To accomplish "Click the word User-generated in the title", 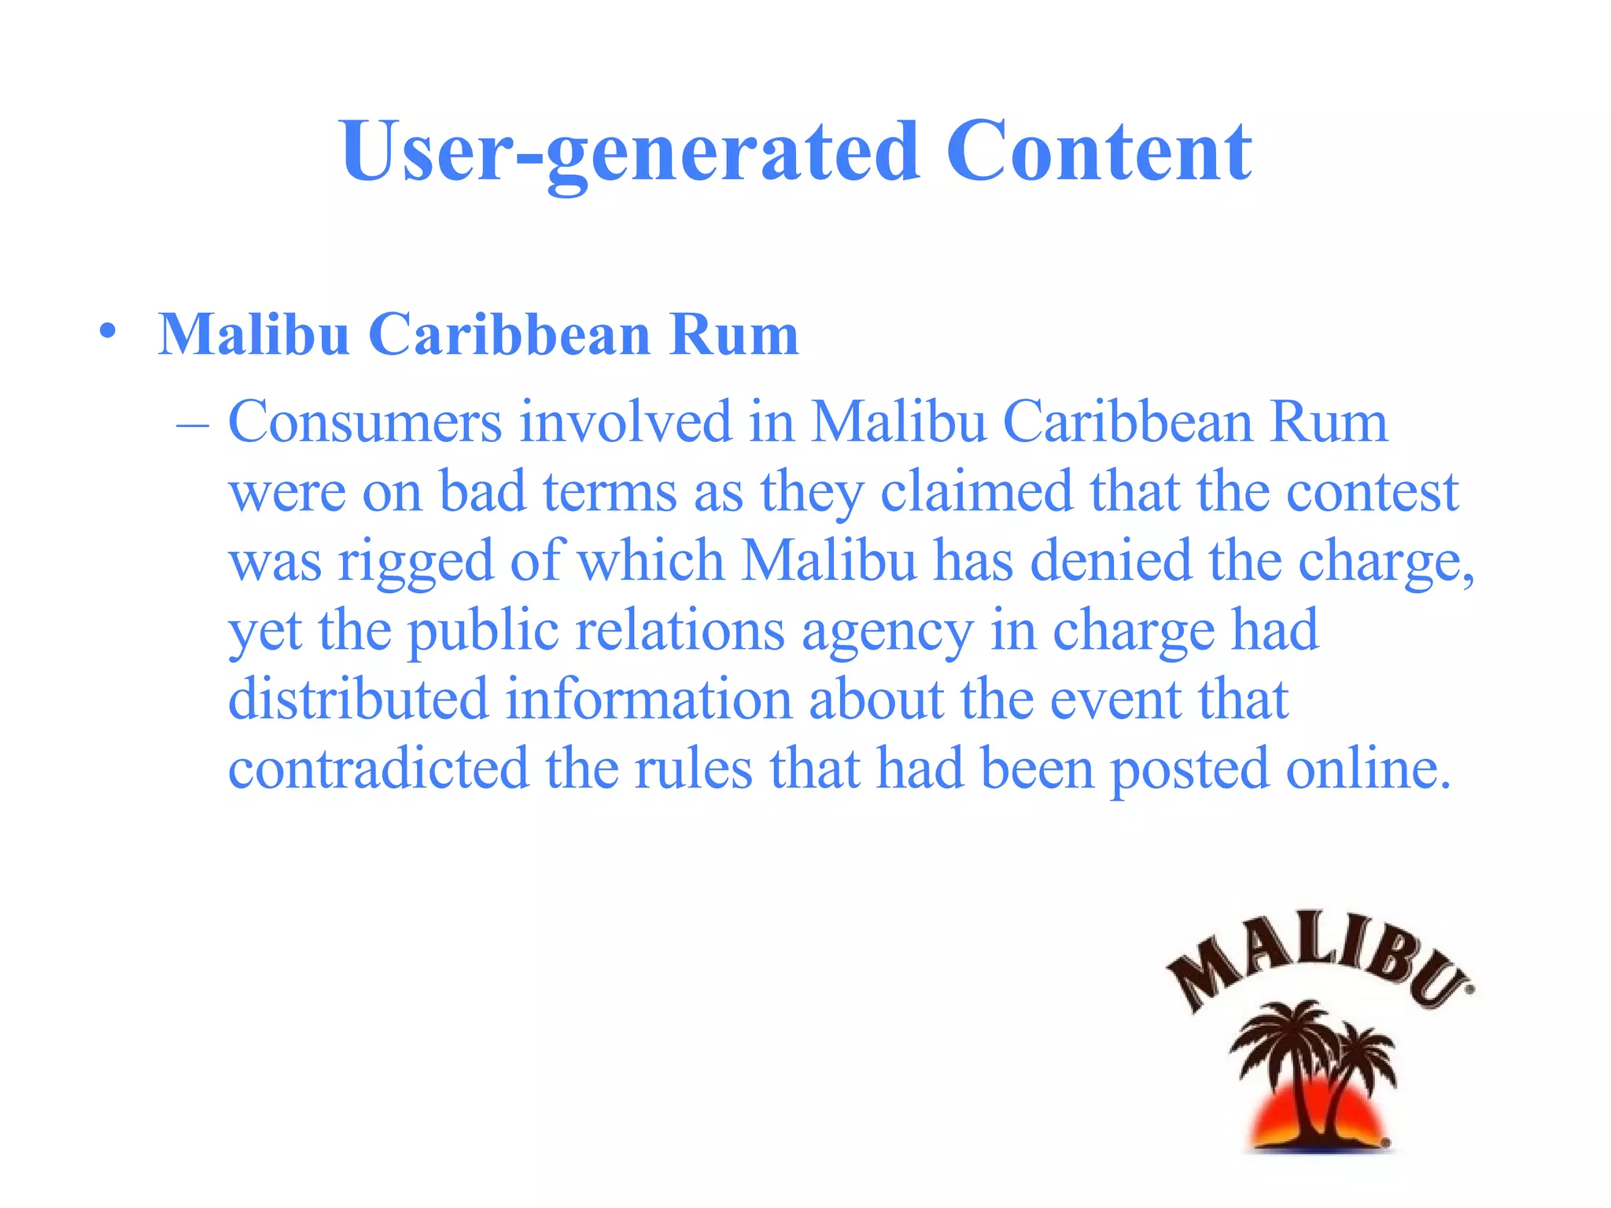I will (x=629, y=153).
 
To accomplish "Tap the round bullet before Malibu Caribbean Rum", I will (x=109, y=331).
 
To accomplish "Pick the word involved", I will (x=625, y=422).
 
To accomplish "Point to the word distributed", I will (x=358, y=700).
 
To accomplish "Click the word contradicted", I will (x=378, y=768).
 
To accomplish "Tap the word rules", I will (x=693, y=768).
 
